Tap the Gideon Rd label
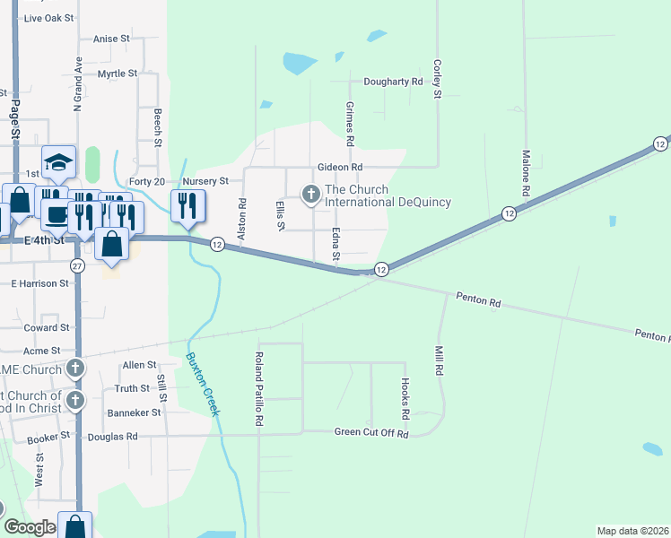pos(339,167)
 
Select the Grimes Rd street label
pos(350,124)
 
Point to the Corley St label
pos(437,79)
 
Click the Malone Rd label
pos(525,173)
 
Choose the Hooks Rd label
pos(405,399)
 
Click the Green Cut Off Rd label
pos(371,434)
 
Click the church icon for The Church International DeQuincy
pos(311,194)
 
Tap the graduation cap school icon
pos(58,162)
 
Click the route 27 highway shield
pos(77,266)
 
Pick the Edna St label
pos(335,245)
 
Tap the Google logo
pos(30,527)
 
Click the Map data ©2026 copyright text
pos(632,531)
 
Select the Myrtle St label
pos(118,74)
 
